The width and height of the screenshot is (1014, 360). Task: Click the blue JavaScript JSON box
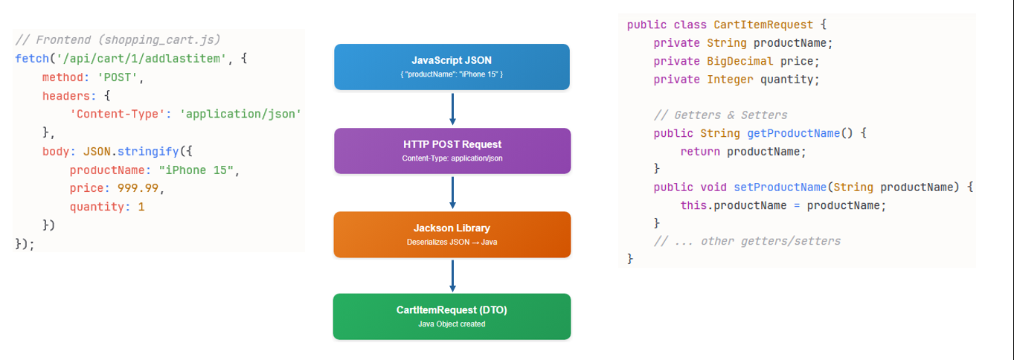coord(452,66)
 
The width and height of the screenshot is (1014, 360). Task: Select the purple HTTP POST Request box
coord(452,151)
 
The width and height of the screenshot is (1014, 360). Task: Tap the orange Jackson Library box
coord(452,234)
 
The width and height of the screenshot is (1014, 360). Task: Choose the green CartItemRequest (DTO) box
coord(452,317)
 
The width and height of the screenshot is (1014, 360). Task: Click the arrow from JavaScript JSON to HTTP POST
coord(452,109)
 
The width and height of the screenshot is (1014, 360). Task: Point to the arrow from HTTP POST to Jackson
coord(452,193)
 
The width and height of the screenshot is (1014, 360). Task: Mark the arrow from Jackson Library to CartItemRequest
coord(452,276)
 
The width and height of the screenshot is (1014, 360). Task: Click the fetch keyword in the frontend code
coord(32,59)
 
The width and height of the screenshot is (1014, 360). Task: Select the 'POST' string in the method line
coord(118,77)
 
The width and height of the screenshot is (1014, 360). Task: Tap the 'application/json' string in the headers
coord(240,114)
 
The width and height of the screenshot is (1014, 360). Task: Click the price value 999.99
coord(138,188)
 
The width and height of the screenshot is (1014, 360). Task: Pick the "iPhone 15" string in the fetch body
coord(196,170)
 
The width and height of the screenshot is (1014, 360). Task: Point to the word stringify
coord(148,151)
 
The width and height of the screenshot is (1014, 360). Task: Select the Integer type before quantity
coord(730,80)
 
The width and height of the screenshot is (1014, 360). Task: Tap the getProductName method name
coord(793,133)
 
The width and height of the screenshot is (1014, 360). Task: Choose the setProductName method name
coord(780,187)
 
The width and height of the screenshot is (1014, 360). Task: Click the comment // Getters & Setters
coord(721,115)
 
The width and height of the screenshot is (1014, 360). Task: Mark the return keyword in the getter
coord(700,152)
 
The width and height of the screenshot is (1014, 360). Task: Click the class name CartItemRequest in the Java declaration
coord(763,25)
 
